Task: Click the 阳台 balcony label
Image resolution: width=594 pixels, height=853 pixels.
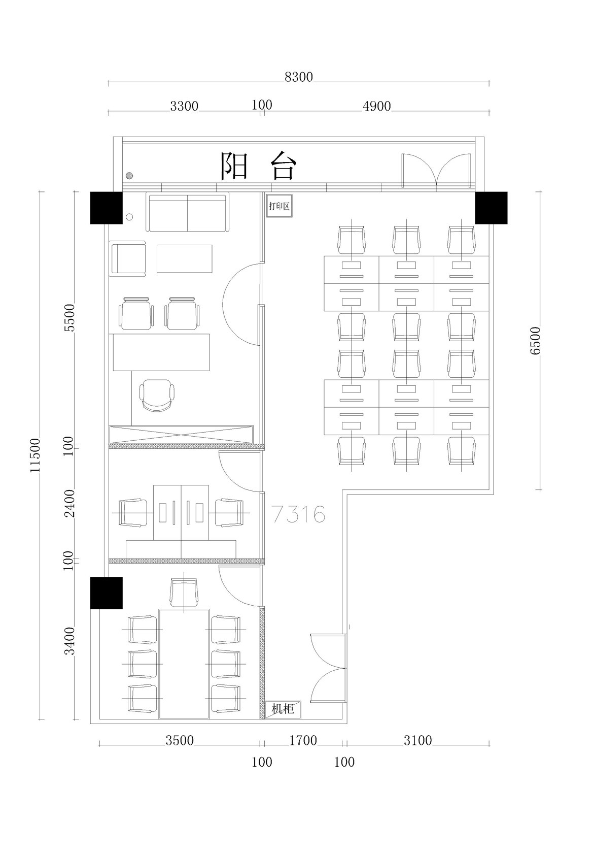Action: pyautogui.click(x=258, y=166)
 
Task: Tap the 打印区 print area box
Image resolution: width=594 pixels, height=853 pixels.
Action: pyautogui.click(x=279, y=206)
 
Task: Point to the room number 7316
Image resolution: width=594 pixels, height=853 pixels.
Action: pyautogui.click(x=299, y=514)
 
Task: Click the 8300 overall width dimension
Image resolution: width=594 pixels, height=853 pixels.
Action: pyautogui.click(x=299, y=77)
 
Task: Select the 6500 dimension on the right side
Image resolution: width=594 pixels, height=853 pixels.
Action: pyautogui.click(x=535, y=341)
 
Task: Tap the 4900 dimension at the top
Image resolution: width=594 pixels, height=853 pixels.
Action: pyautogui.click(x=377, y=106)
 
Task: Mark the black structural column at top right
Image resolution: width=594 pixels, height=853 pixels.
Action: pyautogui.click(x=491, y=208)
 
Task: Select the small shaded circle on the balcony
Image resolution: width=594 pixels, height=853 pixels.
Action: pyautogui.click(x=130, y=176)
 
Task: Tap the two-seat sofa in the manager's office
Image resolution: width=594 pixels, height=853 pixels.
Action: pyautogui.click(x=187, y=212)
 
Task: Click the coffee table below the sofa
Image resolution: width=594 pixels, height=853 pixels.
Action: pyautogui.click(x=185, y=258)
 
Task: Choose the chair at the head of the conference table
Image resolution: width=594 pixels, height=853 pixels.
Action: pyautogui.click(x=184, y=593)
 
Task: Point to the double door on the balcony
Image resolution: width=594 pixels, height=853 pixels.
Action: pyautogui.click(x=436, y=170)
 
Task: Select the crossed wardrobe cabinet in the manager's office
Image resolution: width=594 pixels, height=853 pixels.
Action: pyautogui.click(x=181, y=435)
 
